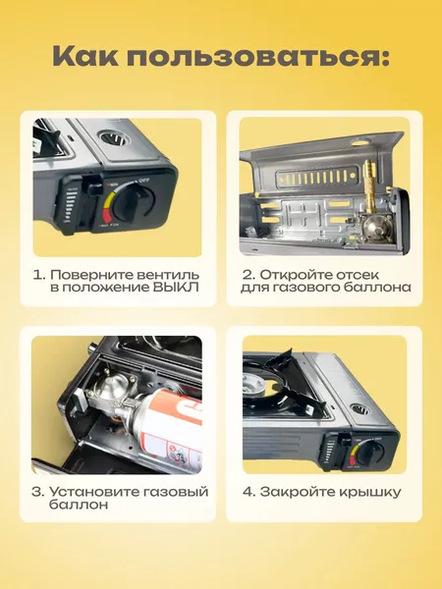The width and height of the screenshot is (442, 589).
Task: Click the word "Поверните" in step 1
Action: tap(89, 274)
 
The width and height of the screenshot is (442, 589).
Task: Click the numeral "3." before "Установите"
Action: tap(38, 490)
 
